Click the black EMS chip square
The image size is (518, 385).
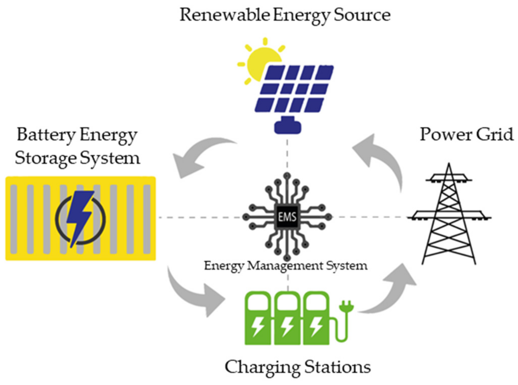click(x=287, y=217)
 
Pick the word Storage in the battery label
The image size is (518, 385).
click(x=45, y=159)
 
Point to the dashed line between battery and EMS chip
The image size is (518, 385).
click(x=199, y=217)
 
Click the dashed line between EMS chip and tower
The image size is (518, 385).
click(x=369, y=217)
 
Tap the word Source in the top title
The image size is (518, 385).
click(x=362, y=15)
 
